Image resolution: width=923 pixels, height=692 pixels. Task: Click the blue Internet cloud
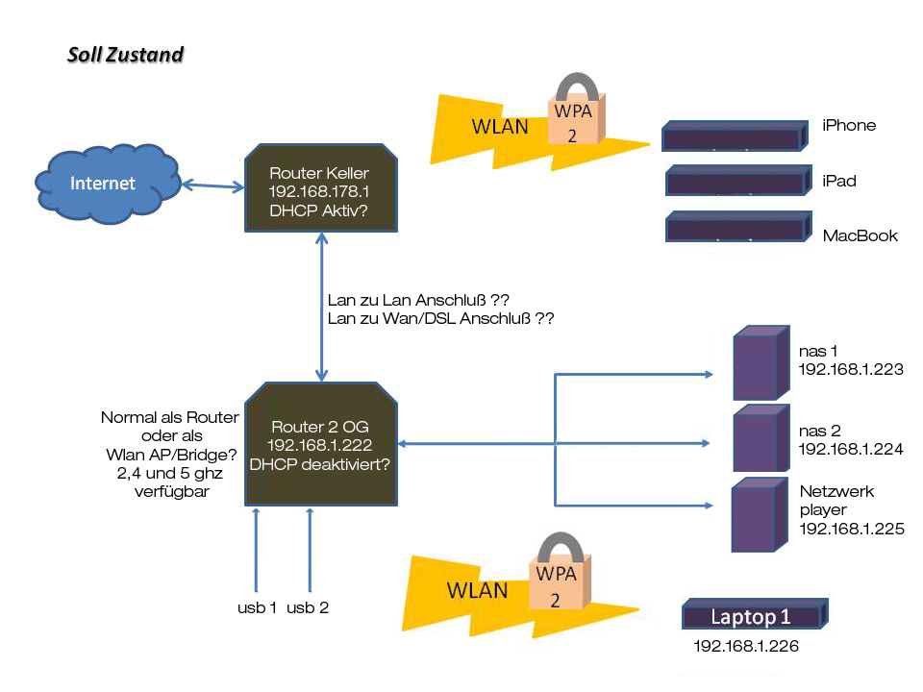107,183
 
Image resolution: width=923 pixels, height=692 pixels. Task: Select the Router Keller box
319,188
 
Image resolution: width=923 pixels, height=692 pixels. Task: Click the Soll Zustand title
125,55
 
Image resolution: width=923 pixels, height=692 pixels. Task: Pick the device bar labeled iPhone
734,136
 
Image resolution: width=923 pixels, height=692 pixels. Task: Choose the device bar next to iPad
735,181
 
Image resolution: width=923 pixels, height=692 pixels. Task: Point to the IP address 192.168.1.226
746,647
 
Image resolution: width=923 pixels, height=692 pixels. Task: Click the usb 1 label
258,608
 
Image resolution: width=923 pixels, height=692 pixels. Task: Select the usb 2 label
309,608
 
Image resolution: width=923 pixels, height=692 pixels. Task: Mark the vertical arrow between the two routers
319,308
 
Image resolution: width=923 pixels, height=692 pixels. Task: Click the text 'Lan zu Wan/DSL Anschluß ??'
441,318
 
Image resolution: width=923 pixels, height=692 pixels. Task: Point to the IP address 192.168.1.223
851,369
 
